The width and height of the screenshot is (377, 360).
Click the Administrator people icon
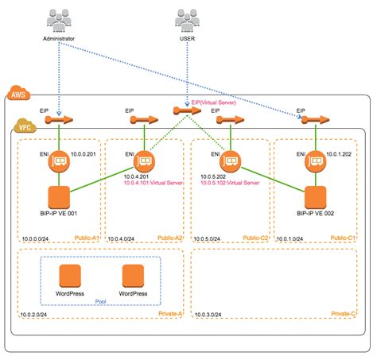60,20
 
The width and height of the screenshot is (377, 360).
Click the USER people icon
187,20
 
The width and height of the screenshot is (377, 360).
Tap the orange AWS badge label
17,95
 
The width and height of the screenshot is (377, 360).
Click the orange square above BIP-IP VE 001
60,199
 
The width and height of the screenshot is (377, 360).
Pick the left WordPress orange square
72,277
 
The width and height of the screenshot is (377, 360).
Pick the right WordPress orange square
134,277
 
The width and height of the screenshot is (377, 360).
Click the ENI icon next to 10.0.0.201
60,161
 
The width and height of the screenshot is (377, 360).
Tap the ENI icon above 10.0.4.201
143,161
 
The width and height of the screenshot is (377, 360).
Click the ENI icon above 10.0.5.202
231,161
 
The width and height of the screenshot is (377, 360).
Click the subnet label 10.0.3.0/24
209,316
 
